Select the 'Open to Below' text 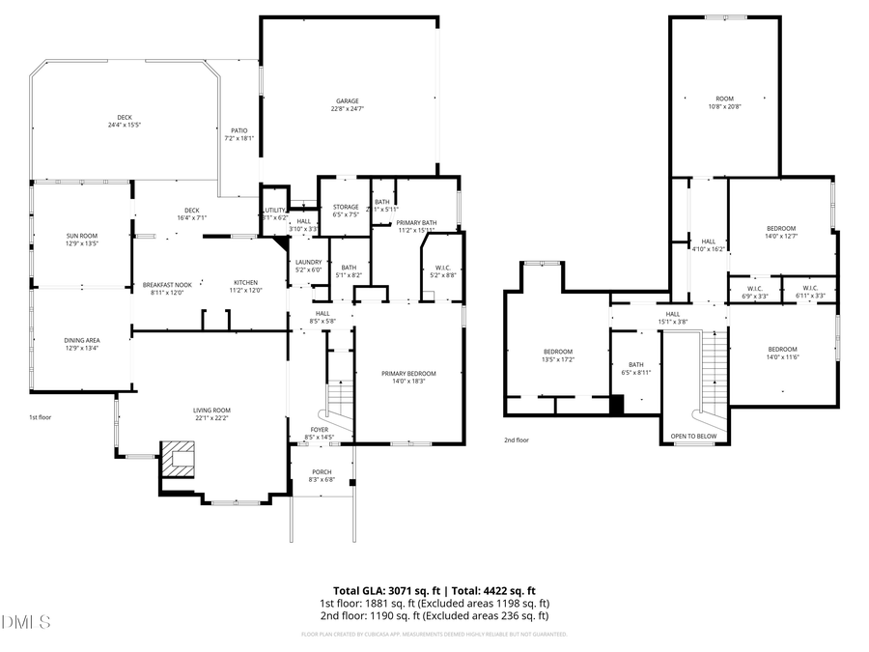click(x=693, y=437)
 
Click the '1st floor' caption click(x=41, y=417)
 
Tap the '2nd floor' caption click(x=517, y=439)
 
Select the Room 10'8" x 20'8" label click(x=724, y=101)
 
